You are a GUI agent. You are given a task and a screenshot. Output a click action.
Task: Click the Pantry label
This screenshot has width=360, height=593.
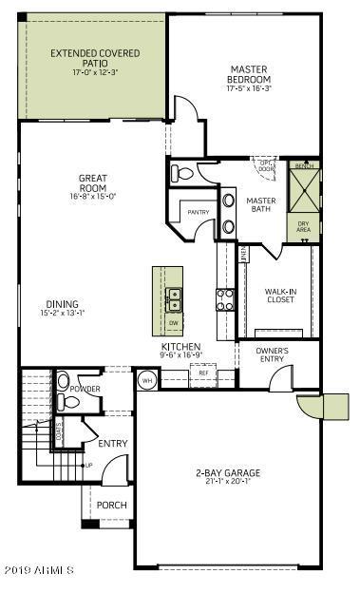tap(198, 212)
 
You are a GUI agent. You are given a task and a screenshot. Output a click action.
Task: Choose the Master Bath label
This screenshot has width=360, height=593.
tap(260, 206)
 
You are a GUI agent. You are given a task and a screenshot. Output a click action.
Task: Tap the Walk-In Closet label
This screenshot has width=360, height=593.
tap(280, 295)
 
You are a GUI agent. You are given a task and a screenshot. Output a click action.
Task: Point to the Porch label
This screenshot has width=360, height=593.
tap(111, 505)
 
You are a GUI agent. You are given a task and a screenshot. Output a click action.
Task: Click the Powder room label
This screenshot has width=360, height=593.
tap(85, 389)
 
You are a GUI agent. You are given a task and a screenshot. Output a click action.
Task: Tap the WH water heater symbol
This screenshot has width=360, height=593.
tap(147, 380)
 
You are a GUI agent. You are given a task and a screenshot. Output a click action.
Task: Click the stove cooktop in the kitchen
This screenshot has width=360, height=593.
tap(225, 300)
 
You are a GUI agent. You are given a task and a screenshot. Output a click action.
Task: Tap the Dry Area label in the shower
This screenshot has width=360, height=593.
tap(303, 228)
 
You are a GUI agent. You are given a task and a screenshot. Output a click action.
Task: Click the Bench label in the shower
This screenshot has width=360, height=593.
tap(303, 166)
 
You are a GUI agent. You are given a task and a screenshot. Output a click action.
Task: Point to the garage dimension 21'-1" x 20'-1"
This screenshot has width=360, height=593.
tap(227, 481)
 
